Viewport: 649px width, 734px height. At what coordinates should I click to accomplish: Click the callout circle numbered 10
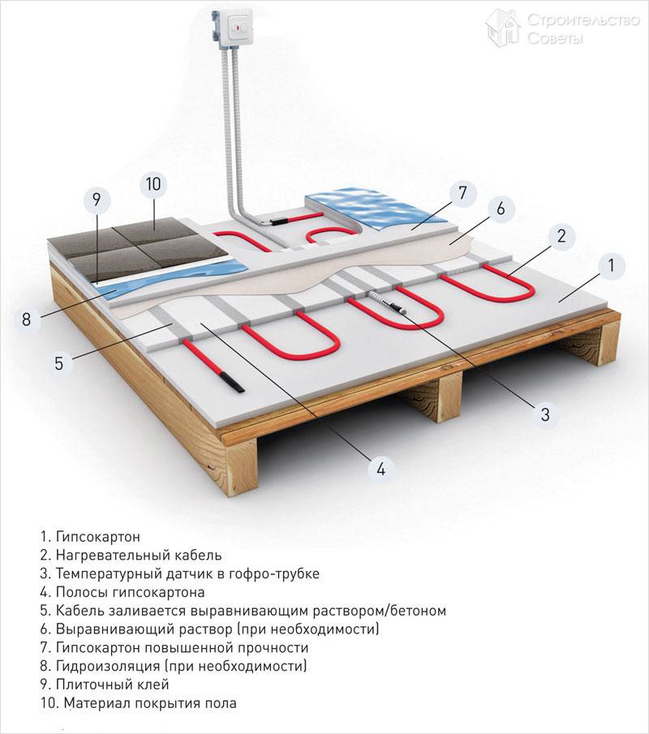point(153,184)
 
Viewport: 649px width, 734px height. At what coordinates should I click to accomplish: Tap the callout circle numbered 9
point(96,196)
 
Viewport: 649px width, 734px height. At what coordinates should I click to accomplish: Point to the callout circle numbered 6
point(500,208)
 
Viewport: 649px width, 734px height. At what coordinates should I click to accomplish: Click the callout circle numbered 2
point(560,237)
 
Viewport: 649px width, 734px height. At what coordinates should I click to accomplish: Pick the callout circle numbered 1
point(611,264)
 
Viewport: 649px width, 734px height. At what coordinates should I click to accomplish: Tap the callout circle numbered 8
point(27,320)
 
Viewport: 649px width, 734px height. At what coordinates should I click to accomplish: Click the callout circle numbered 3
point(544,415)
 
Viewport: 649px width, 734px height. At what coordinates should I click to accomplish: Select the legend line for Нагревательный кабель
point(130,556)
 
